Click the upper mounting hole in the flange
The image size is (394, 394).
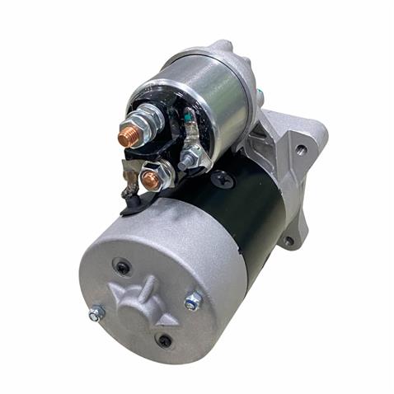click(302, 150)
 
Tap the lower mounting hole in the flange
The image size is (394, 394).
click(288, 241)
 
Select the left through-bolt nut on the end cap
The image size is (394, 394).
click(96, 313)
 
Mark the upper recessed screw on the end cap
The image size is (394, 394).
click(123, 268)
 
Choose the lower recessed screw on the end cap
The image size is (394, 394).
click(165, 340)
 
